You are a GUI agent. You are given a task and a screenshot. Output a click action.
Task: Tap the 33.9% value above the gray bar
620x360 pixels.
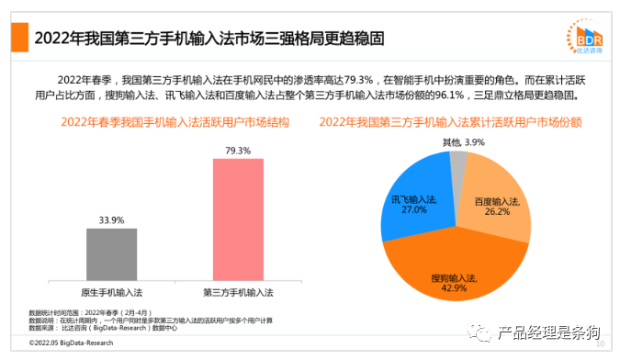click(111, 219)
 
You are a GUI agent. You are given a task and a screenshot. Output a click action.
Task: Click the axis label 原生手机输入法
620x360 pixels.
click(111, 292)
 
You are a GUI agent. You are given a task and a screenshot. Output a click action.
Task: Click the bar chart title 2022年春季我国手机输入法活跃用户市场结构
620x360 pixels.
click(162, 121)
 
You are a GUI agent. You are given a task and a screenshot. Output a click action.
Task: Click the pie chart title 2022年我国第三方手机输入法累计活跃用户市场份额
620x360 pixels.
click(454, 121)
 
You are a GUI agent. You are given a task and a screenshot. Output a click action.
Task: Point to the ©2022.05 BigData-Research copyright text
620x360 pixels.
click(71, 343)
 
